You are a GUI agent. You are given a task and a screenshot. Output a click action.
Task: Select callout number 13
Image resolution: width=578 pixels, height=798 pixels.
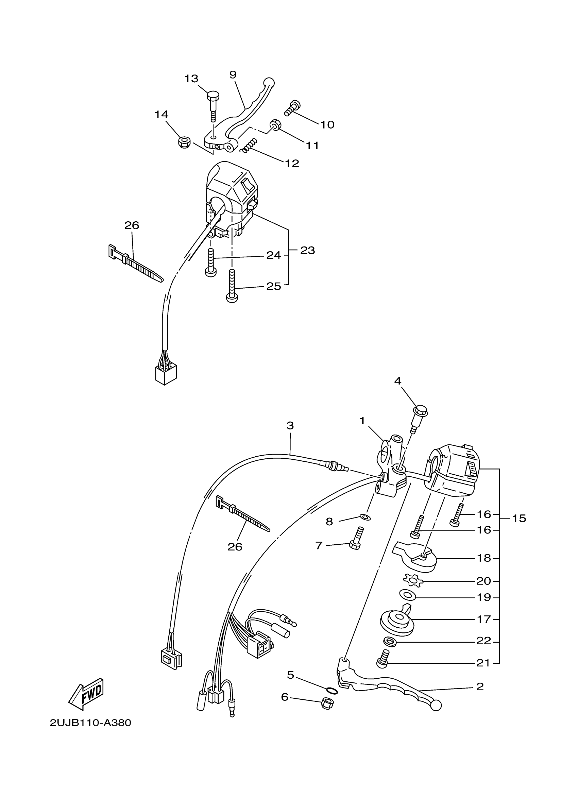pos(191,79)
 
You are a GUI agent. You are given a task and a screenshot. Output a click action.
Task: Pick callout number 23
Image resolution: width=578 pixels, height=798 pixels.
pos(307,251)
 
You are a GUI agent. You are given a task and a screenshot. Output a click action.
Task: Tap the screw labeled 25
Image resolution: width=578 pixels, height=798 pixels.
pos(232,288)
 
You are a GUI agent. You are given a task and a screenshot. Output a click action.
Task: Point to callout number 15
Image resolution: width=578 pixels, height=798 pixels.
pos(519,518)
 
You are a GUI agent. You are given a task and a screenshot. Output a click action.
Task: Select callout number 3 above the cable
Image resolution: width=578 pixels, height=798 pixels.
pos(290,426)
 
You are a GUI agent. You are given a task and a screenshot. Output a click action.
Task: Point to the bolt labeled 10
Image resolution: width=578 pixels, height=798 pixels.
pos(292,107)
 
